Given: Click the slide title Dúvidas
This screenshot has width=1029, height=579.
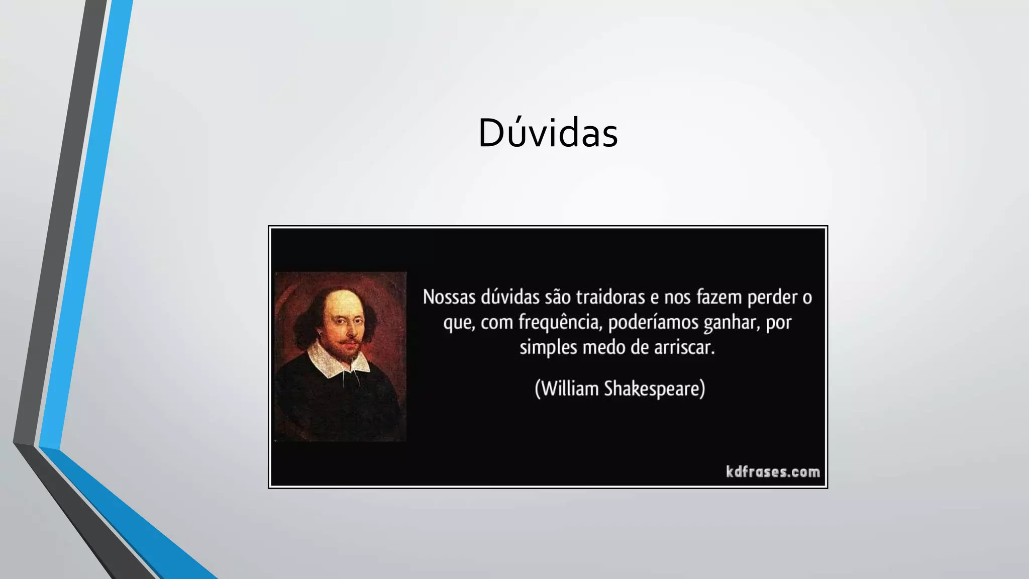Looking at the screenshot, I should click(548, 133).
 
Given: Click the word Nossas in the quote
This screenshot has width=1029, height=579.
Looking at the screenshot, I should click(449, 297).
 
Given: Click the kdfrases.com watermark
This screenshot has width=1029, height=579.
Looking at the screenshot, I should click(772, 472).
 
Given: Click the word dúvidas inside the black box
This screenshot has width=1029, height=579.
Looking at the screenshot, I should click(509, 297).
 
